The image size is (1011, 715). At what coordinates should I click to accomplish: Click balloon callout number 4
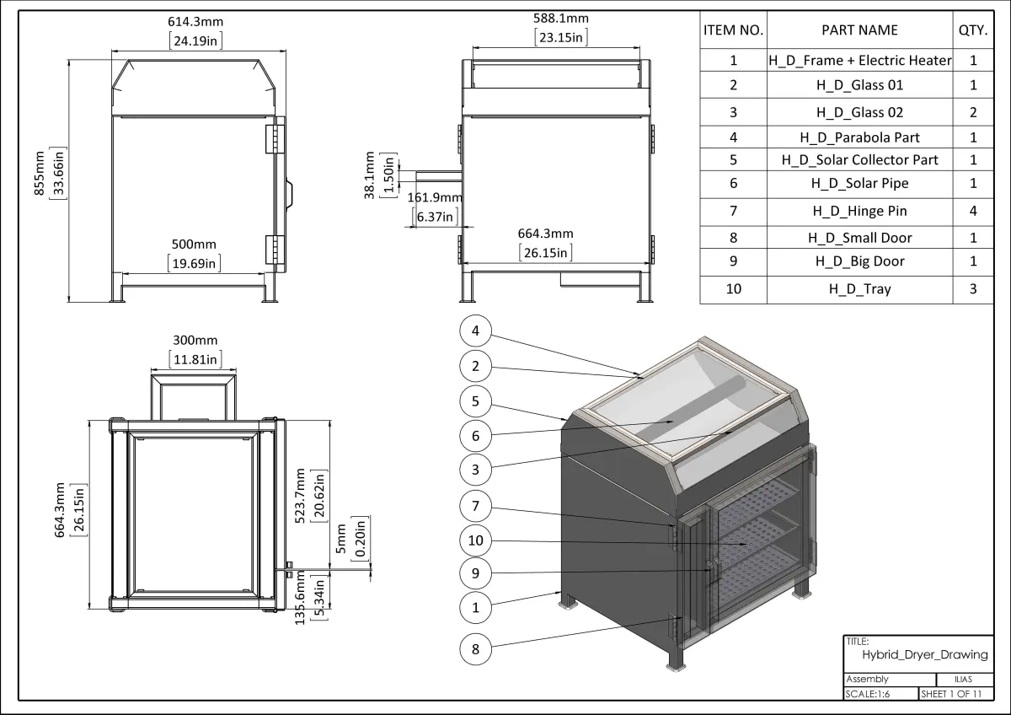(476, 331)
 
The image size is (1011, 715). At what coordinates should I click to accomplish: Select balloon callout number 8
(476, 648)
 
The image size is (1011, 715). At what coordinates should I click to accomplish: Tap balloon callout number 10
(476, 540)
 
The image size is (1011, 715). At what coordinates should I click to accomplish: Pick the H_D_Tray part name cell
(859, 288)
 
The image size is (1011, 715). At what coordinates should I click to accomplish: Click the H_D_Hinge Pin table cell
(859, 211)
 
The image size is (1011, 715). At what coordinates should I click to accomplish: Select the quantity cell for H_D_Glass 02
(973, 112)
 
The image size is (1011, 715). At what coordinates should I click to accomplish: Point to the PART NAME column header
(859, 30)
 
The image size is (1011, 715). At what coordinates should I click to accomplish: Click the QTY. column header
(973, 30)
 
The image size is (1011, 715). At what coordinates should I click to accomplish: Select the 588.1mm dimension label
(561, 18)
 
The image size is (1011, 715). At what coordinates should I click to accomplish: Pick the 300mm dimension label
(195, 341)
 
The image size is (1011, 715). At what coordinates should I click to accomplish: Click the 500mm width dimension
(195, 244)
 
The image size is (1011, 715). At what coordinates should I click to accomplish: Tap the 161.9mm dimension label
(435, 198)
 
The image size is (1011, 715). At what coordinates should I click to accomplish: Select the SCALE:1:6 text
(868, 694)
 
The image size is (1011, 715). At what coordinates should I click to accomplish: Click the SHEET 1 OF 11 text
(952, 694)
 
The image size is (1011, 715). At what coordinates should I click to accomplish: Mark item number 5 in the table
(733, 159)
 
